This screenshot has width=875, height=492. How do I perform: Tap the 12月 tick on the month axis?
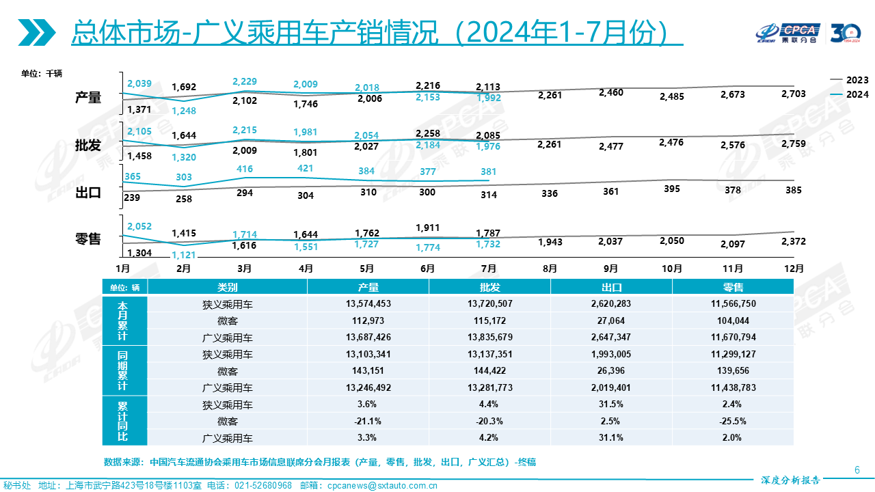coord(793,269)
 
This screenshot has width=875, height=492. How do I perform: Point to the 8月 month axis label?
coord(550,269)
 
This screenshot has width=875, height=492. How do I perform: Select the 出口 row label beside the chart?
coord(88,193)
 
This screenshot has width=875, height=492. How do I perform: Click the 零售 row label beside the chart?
coord(88,238)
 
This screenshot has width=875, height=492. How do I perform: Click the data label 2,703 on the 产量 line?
coord(794,94)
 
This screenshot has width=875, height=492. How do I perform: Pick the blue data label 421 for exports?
coord(306,169)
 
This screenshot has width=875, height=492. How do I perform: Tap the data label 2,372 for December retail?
coord(794,241)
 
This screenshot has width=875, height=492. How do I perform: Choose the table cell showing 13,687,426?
coord(368,337)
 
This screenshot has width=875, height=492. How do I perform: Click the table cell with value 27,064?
coord(611,320)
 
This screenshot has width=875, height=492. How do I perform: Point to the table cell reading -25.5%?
coord(733,421)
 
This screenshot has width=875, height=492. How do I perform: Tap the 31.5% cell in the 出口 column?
coord(611,405)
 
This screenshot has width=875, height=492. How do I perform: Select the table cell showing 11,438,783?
coord(733,387)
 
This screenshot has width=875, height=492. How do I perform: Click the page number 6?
coord(857,469)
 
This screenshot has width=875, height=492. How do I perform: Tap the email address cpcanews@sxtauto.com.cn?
coord(383,486)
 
